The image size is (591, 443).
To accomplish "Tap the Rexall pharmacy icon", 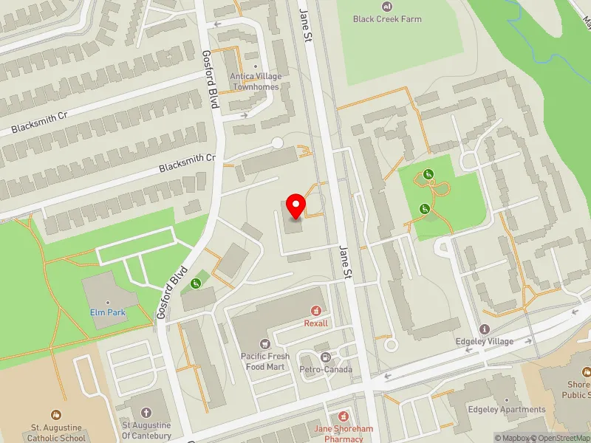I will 316,312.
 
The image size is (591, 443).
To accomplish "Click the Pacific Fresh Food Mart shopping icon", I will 264,344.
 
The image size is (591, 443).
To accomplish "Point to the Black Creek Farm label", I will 387,18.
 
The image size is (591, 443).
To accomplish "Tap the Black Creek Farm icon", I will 386,7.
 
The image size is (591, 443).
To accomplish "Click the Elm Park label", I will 108,313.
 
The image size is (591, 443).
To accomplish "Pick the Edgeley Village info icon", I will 485,329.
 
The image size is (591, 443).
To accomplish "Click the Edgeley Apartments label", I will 507,410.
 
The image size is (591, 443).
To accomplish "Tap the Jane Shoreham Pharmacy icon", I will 344,416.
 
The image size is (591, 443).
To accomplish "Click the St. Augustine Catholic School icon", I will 55,416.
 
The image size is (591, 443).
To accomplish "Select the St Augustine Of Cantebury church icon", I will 146,413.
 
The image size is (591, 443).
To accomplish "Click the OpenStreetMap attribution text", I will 563,438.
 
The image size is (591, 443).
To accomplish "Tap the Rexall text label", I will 316,323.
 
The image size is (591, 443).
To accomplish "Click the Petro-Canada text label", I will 326,369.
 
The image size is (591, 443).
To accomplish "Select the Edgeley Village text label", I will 485,341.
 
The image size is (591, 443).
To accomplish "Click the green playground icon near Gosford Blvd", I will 195,284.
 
